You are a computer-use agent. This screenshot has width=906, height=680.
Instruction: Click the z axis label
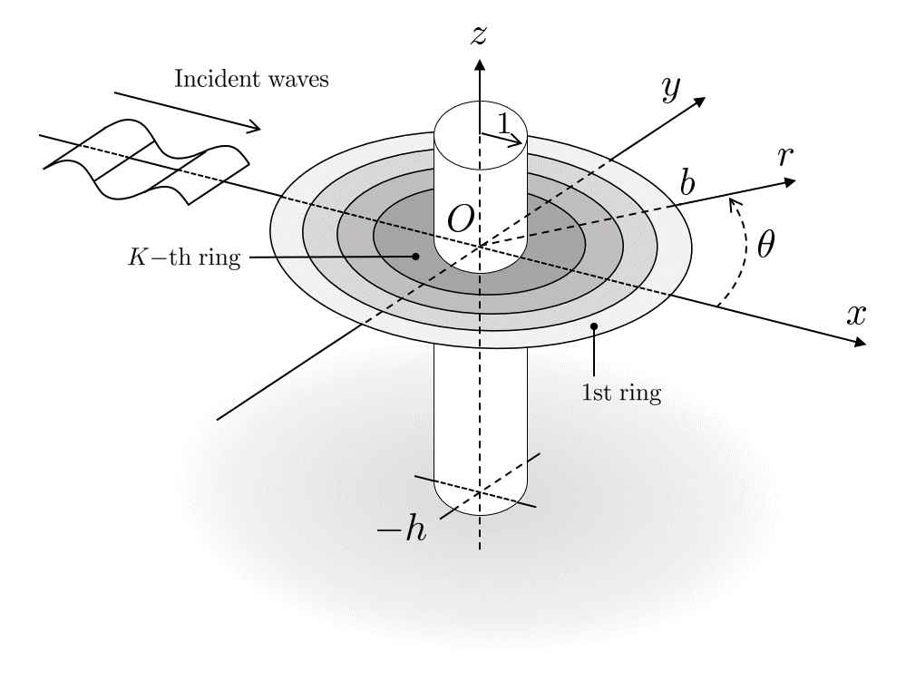pyautogui.click(x=480, y=35)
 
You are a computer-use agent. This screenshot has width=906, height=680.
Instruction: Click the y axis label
pyautogui.click(x=671, y=88)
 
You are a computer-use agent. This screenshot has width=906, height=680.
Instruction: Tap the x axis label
pyautogui.click(x=856, y=314)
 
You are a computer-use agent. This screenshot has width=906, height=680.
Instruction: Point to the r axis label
pyautogui.click(x=785, y=156)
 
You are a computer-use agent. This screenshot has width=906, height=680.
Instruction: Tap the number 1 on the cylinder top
pyautogui.click(x=503, y=123)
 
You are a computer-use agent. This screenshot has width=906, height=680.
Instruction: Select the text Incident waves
pyautogui.click(x=251, y=79)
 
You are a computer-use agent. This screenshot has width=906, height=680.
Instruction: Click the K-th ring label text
pyautogui.click(x=184, y=258)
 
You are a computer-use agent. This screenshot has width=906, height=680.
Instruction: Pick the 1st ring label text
pyautogui.click(x=621, y=394)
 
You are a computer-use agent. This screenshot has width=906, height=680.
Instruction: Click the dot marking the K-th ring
pyautogui.click(x=415, y=256)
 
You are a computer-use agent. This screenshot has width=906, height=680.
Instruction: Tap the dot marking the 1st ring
pyautogui.click(x=594, y=325)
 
